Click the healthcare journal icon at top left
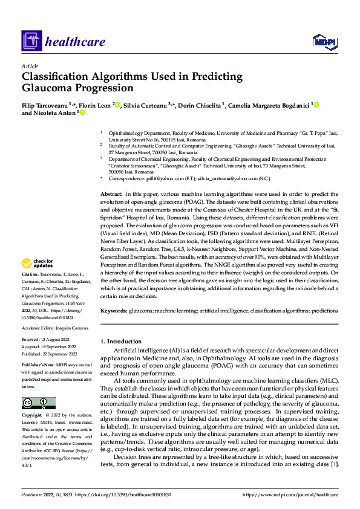[x=31, y=42]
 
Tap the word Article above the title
[x=30, y=65]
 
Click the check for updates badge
[x=38, y=264]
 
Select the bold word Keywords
[x=113, y=310]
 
